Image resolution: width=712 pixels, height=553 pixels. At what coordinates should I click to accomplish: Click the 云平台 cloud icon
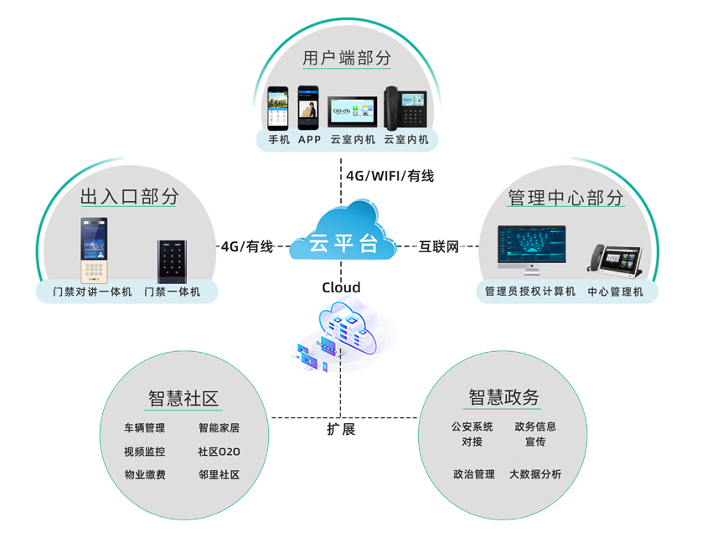[x=342, y=234]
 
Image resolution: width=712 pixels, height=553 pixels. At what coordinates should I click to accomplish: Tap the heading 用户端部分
[x=347, y=59]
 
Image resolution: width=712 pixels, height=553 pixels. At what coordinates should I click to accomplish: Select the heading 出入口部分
[x=130, y=197]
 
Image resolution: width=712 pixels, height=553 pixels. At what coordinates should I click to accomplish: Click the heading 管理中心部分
[x=565, y=198]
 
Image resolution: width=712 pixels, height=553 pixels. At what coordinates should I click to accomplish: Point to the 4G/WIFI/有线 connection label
[x=390, y=176]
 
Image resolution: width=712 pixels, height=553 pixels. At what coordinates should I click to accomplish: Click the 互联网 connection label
[x=440, y=246]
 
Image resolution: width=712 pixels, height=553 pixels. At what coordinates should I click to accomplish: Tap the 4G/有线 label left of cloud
[x=247, y=246]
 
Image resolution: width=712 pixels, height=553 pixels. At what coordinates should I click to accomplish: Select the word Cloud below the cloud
[x=341, y=287]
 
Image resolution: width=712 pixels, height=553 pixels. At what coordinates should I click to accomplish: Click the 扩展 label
[x=341, y=429]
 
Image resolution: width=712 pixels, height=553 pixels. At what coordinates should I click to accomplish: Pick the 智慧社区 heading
[x=183, y=398]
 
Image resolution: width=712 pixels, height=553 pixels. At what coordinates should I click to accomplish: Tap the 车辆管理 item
[x=145, y=428]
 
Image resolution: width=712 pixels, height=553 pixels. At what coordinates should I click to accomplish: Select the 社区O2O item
[x=219, y=452]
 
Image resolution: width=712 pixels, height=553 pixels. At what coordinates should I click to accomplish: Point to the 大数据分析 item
[x=535, y=474]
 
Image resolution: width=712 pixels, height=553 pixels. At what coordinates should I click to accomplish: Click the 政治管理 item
[x=474, y=474]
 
